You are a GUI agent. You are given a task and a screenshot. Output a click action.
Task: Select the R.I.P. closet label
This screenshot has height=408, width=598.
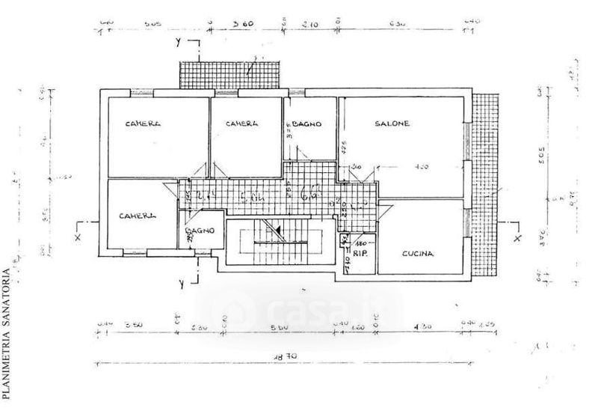pos(360,253)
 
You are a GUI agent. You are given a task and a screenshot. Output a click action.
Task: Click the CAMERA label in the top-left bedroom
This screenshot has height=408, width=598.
pos(144,124)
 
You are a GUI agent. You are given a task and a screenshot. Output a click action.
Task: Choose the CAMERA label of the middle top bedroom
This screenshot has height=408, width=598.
pos(243,124)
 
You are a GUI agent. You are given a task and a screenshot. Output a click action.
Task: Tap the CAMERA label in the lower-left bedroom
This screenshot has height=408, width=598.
pos(138,216)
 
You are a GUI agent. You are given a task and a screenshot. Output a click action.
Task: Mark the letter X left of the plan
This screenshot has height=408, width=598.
pos(78,238)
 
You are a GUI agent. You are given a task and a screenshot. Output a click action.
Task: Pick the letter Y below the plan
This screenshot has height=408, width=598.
pos(182,282)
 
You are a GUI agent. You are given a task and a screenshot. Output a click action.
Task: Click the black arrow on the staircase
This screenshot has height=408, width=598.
pos(276,229)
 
